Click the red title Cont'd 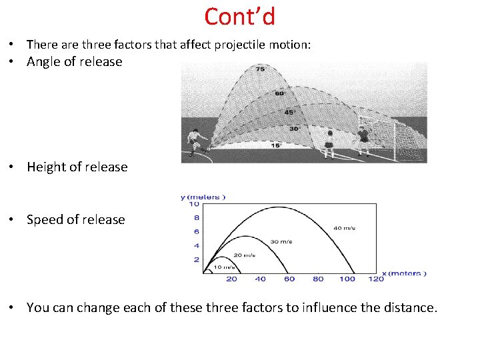[240, 16]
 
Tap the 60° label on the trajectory [279, 93]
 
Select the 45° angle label [289, 113]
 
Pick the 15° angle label [276, 145]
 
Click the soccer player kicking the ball [196, 142]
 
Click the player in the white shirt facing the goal [329, 144]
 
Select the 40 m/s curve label [344, 228]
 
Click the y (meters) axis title [203, 197]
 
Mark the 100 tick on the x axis [347, 279]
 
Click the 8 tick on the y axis [196, 217]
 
